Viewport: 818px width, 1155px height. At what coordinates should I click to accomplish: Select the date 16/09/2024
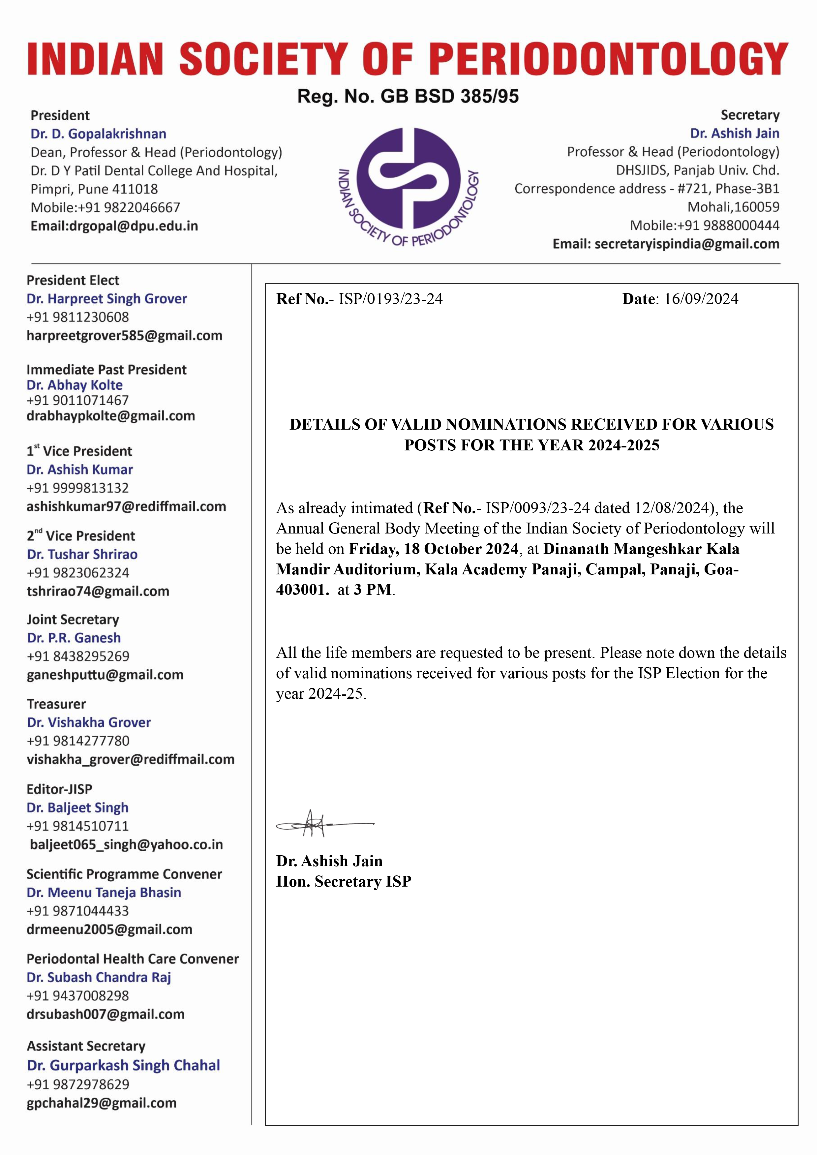(701, 299)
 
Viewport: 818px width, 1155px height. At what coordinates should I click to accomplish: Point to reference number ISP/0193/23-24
(390, 299)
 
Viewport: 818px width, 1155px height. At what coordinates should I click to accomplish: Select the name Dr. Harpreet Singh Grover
(107, 299)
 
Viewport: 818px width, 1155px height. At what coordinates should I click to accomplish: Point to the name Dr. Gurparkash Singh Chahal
(123, 1065)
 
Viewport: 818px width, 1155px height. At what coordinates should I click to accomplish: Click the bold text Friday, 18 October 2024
(433, 549)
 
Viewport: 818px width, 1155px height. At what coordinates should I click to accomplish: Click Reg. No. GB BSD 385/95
(408, 96)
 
